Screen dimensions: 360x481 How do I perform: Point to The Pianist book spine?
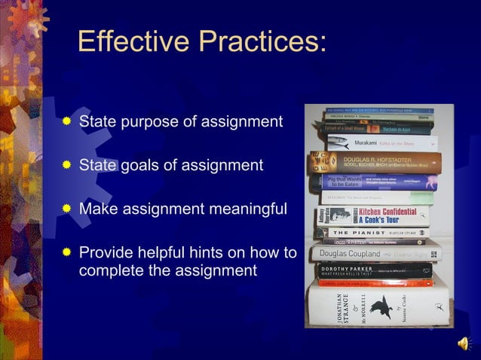point(374,233)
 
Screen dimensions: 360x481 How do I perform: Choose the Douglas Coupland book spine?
point(372,255)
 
